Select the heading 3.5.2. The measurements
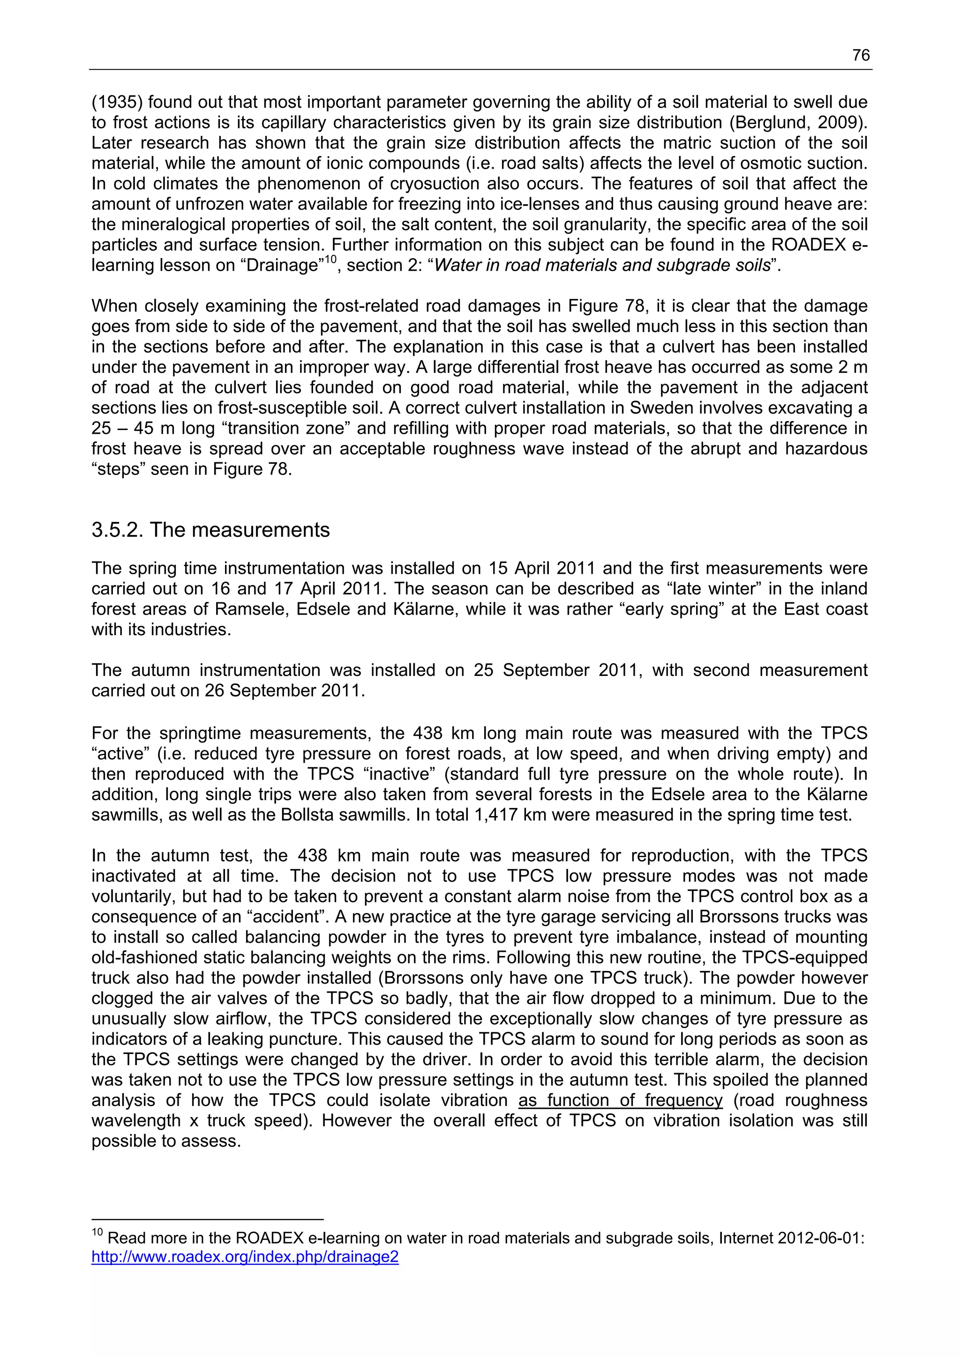tap(210, 530)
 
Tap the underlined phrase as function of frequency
tap(621, 1100)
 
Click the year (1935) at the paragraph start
tap(117, 102)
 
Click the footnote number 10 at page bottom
tap(97, 1232)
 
